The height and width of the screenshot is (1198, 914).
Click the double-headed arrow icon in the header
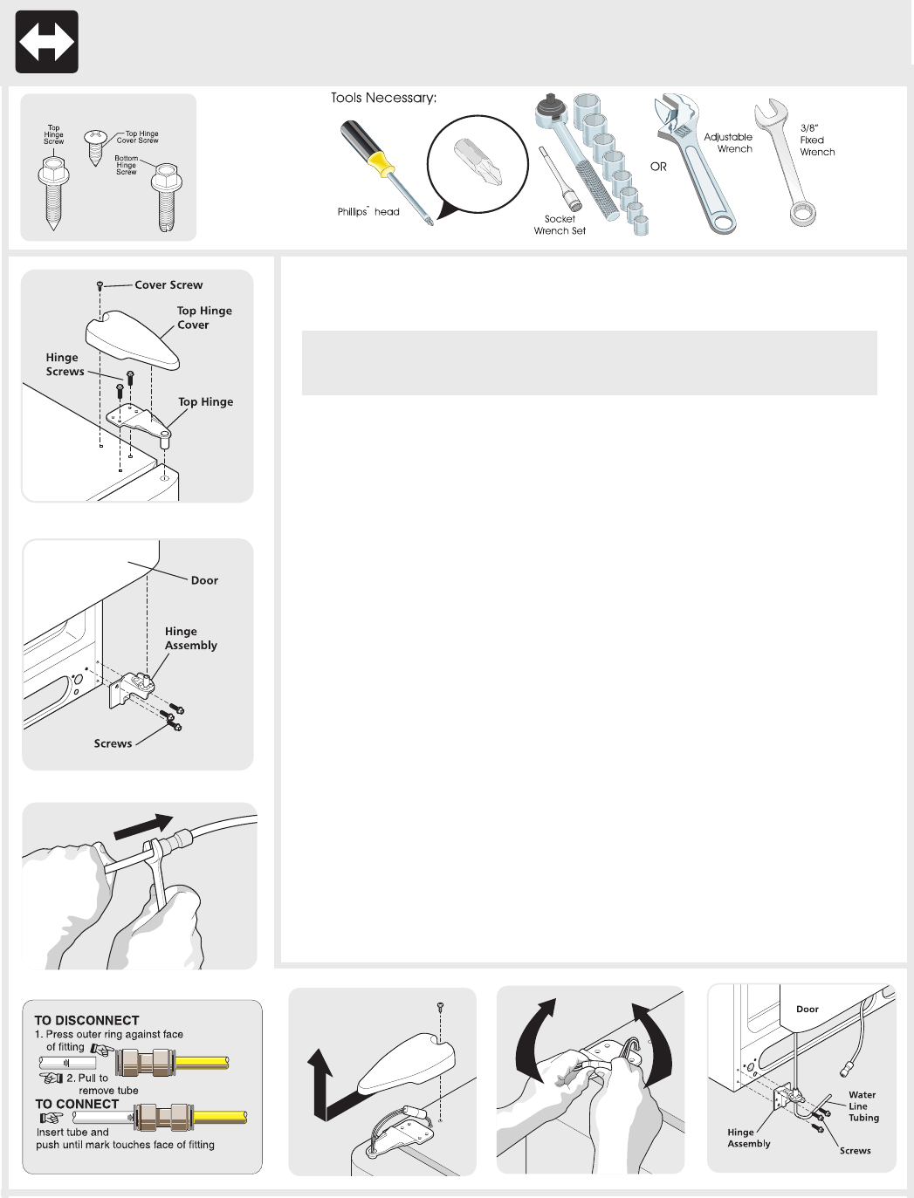point(47,42)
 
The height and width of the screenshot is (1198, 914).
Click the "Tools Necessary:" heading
point(383,98)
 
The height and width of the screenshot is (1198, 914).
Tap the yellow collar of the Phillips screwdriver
point(380,163)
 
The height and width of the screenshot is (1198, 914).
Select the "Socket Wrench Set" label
point(560,225)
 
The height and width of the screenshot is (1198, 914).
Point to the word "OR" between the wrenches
point(658,167)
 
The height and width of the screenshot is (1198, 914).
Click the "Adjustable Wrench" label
point(728,143)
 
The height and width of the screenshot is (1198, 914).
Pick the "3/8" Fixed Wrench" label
point(816,140)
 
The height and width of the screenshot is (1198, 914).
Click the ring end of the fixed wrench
point(802,212)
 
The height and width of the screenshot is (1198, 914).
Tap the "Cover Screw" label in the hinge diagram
point(168,285)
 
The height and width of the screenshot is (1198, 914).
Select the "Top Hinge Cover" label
point(203,318)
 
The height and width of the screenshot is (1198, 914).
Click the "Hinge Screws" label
point(65,365)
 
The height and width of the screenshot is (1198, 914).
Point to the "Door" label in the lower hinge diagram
point(204,580)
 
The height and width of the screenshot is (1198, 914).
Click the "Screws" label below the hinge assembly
point(113,743)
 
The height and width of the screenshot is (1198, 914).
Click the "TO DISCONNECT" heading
point(86,1020)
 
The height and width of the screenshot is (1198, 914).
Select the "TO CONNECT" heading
point(77,1104)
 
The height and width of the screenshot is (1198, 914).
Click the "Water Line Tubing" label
point(862,1106)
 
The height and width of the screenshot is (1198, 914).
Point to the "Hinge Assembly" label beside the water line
point(748,1138)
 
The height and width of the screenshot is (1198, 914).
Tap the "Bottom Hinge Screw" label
point(127,165)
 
